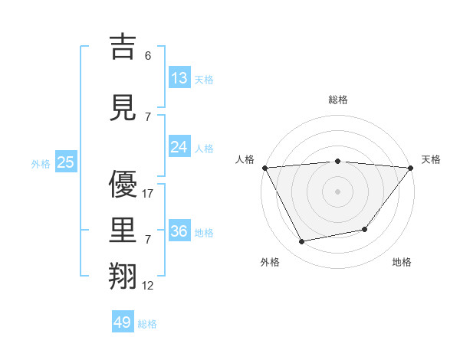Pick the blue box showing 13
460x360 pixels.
[x=179, y=78]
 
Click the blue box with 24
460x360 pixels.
[x=179, y=147]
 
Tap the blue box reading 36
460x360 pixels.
[x=179, y=231]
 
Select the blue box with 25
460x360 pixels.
[x=66, y=162]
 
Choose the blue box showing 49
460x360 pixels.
[x=123, y=322]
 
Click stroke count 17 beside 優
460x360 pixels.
[x=148, y=194]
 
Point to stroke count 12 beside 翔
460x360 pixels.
[x=148, y=286]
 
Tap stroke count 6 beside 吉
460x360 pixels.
[x=147, y=56]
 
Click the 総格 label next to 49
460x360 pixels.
[x=147, y=324]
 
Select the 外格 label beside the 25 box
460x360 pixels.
[x=41, y=163]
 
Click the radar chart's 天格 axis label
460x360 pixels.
[x=432, y=159]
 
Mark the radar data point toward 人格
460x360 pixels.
[x=264, y=168]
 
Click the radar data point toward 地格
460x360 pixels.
[x=365, y=229]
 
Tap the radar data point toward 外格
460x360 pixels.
[x=302, y=242]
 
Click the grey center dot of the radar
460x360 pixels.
[x=337, y=191]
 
